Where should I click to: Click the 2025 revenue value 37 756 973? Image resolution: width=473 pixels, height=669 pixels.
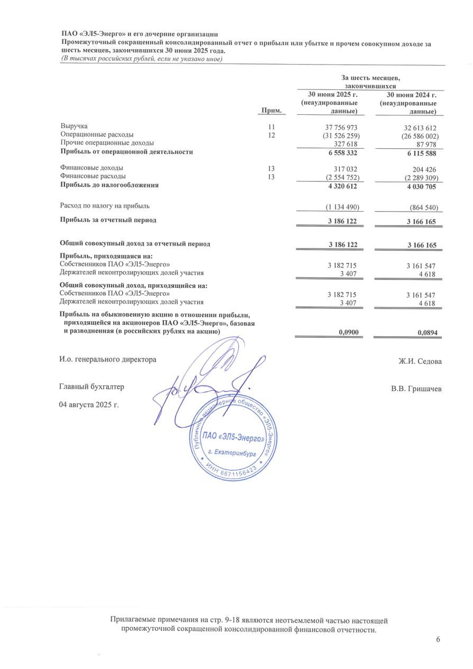[x=338, y=128]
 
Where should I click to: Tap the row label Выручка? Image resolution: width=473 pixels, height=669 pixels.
[x=74, y=127]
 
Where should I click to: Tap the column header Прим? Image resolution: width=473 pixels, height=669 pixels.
[x=270, y=111]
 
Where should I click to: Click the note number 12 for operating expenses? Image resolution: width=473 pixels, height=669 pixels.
[x=272, y=135]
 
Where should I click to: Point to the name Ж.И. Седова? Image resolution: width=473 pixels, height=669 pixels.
[x=420, y=361]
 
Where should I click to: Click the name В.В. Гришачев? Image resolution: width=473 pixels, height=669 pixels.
[x=416, y=389]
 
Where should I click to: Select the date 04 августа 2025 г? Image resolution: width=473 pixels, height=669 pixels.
[x=89, y=405]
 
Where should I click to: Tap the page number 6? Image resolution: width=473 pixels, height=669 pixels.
[x=438, y=639]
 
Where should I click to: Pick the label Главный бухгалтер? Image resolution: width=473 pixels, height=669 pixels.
[x=92, y=387]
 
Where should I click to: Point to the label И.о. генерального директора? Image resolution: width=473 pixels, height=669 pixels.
[x=108, y=359]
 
